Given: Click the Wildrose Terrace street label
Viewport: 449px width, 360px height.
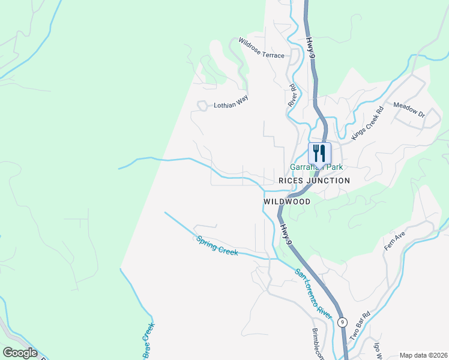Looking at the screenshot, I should click(x=261, y=49).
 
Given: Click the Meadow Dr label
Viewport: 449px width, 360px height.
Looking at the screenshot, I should click(x=409, y=109).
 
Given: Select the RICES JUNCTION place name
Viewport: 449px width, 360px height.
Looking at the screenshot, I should click(x=314, y=181).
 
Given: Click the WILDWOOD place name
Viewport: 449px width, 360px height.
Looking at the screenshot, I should click(x=287, y=202).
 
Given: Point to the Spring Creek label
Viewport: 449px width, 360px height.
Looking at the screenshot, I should click(x=217, y=245).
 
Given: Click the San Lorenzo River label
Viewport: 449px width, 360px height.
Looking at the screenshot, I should click(x=313, y=293).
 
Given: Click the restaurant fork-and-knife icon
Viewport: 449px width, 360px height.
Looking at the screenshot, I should click(x=319, y=152).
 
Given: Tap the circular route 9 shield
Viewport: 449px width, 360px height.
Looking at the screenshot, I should click(x=342, y=322).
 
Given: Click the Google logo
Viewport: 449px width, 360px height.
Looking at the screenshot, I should click(x=20, y=352).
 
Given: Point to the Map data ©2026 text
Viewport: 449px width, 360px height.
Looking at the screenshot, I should click(x=423, y=355).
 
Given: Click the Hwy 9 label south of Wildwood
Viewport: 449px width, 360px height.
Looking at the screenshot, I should click(x=288, y=233).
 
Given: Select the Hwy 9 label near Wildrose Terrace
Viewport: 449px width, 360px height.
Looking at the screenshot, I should click(x=310, y=46).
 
